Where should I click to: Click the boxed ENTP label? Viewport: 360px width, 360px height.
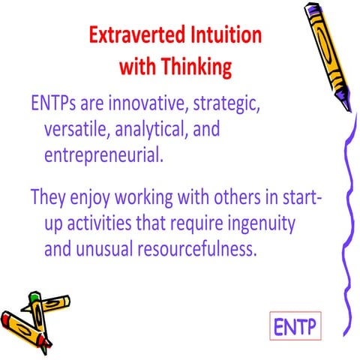[295, 328]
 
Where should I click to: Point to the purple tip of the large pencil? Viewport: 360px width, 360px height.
[345, 105]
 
